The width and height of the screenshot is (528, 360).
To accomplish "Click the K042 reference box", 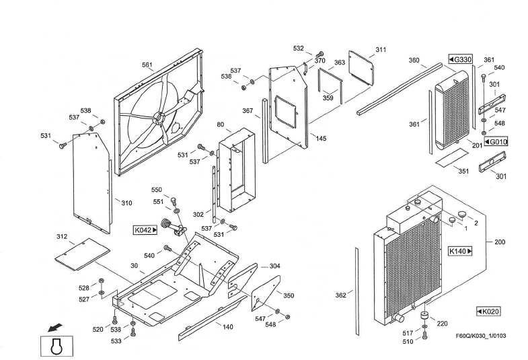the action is (x=145, y=230).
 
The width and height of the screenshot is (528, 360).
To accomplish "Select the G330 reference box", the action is (x=460, y=60).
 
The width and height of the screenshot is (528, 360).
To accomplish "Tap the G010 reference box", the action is (x=496, y=142).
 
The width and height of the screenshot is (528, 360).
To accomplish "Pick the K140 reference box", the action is (x=460, y=251).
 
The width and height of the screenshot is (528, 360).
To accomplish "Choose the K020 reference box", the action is (x=488, y=312).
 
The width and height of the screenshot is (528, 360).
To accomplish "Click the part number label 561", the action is (x=147, y=65).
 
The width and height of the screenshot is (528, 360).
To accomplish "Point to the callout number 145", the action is (x=321, y=139).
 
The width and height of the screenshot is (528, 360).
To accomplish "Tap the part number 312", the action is (x=62, y=237).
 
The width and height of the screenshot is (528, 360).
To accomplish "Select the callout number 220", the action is (x=442, y=324).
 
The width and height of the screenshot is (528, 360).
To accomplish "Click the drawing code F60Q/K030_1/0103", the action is (x=481, y=336).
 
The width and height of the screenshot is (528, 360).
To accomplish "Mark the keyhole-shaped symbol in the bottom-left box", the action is (x=56, y=346).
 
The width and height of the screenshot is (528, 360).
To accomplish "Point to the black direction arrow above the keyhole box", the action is (x=54, y=327).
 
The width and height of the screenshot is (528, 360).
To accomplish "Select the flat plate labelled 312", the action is (x=83, y=254).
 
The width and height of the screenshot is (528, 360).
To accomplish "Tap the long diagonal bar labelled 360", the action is (x=400, y=89).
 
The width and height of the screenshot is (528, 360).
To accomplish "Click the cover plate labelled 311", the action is (x=361, y=67).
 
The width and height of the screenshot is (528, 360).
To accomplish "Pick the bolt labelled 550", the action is (x=174, y=201).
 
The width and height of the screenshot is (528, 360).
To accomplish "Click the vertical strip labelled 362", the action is (x=357, y=291).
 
